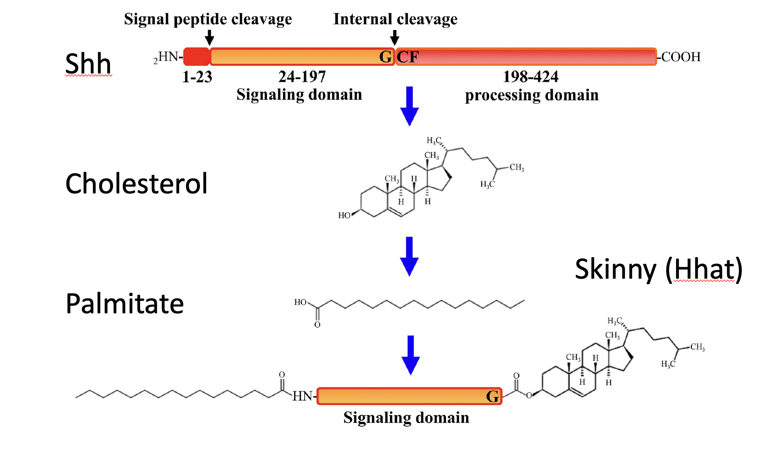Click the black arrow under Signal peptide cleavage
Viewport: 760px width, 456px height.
(x=209, y=38)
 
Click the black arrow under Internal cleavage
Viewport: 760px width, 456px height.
(x=395, y=38)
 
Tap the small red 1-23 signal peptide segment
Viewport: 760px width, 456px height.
(x=197, y=57)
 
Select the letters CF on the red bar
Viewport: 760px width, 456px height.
(x=407, y=57)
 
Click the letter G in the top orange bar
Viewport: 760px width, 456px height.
(x=385, y=57)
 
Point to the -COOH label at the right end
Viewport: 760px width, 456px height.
(x=680, y=57)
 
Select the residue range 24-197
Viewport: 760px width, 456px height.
(x=302, y=77)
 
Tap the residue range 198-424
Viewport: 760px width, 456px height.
(x=531, y=77)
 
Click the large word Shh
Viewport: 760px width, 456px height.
(x=88, y=63)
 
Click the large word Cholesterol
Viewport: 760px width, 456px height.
(x=136, y=184)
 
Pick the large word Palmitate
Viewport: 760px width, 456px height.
(x=125, y=304)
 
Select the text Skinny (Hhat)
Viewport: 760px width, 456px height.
(x=658, y=269)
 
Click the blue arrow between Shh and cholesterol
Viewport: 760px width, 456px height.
(x=409, y=106)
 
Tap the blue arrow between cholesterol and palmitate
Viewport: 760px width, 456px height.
(x=409, y=256)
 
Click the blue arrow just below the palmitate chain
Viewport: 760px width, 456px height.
(x=410, y=355)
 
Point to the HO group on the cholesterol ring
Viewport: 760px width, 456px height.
(x=344, y=215)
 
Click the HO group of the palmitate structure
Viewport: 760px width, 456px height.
(x=300, y=302)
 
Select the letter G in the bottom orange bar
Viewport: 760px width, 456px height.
(x=492, y=396)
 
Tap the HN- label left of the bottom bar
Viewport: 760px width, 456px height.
(x=303, y=396)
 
